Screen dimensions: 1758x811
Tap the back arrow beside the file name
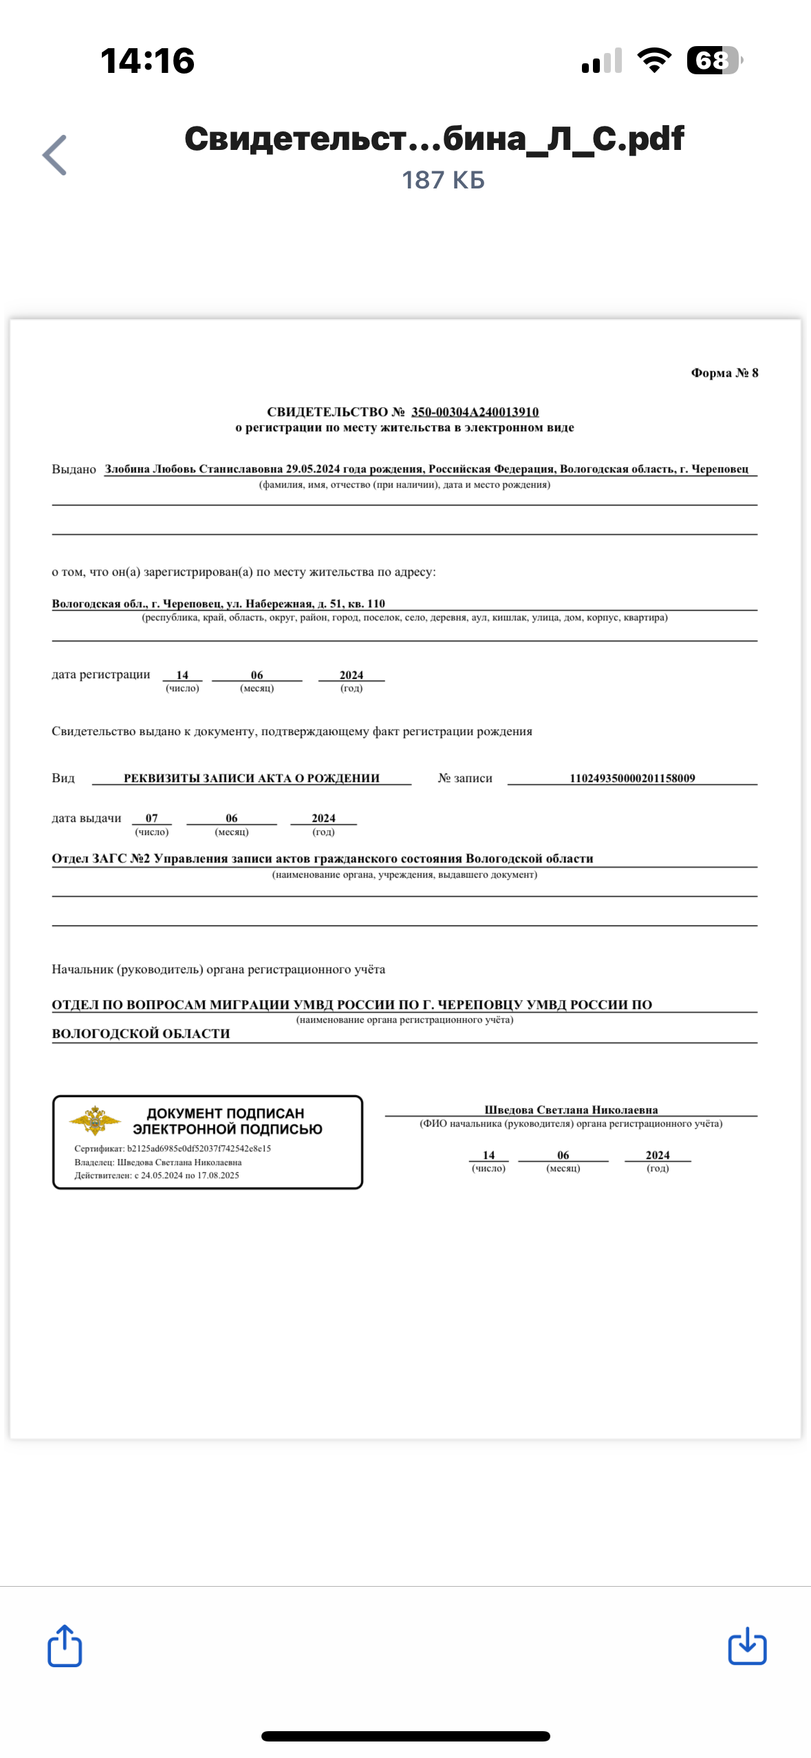(x=55, y=155)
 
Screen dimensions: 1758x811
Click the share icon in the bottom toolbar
(x=65, y=1645)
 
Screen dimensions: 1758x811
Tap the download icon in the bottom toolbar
(x=747, y=1646)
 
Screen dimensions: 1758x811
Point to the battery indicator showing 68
(x=714, y=61)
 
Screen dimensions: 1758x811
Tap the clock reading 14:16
(x=147, y=61)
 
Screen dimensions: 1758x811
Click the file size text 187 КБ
(x=443, y=180)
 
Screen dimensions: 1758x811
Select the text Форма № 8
(x=724, y=373)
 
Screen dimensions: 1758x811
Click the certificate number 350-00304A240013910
(x=475, y=412)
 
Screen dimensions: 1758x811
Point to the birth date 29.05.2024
(x=313, y=469)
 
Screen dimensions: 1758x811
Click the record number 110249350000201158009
(x=631, y=778)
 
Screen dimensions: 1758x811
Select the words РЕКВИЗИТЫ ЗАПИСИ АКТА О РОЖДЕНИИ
(x=251, y=778)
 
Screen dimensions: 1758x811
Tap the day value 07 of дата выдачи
(x=152, y=818)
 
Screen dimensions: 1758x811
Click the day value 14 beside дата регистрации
(x=182, y=675)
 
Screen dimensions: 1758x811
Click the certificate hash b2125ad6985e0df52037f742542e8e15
(x=199, y=1149)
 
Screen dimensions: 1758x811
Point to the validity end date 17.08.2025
(x=218, y=1175)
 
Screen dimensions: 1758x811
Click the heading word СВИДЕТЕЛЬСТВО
(x=327, y=412)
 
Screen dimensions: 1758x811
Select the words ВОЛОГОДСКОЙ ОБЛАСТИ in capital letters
(x=141, y=1034)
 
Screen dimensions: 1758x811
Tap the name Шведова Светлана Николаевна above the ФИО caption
(x=571, y=1109)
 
